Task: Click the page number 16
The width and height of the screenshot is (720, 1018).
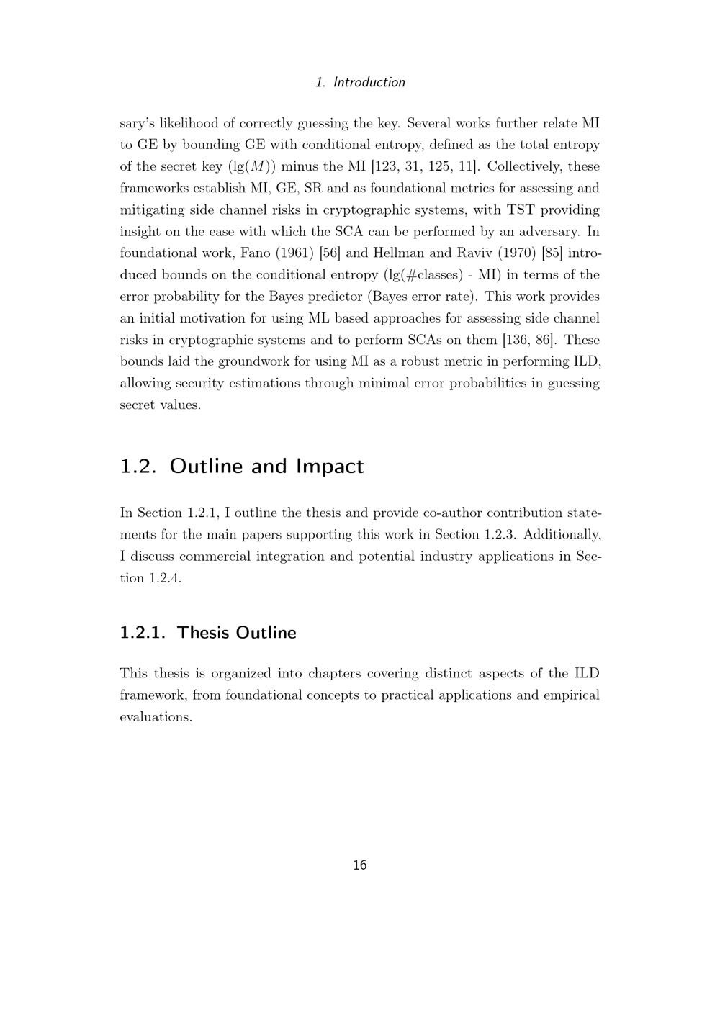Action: (360, 865)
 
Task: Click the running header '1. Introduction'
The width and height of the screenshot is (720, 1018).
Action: (360, 82)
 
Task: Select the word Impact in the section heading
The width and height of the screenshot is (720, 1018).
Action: (330, 467)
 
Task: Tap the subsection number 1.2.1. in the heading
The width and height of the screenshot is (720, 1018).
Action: (143, 633)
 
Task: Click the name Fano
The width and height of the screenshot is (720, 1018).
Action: (231, 253)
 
